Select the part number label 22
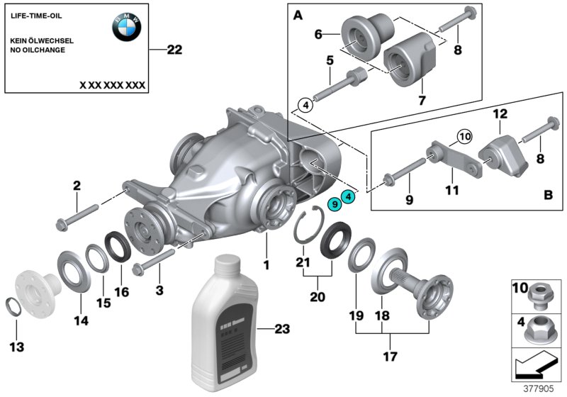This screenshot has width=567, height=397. click(x=174, y=50)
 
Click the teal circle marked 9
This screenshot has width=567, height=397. click(x=334, y=204)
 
